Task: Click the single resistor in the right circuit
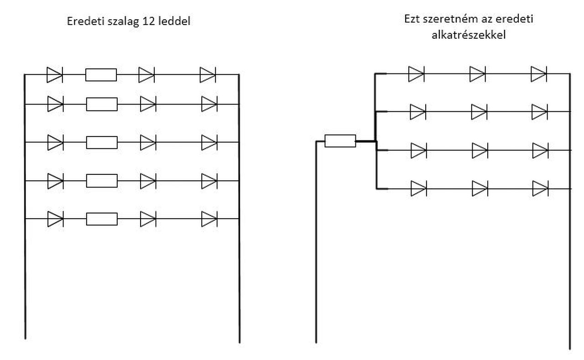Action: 340,141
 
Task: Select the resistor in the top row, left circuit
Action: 101,74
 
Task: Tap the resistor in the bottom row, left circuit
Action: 102,219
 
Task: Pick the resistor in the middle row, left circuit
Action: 102,142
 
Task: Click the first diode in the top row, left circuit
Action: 54,74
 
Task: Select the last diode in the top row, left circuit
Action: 208,74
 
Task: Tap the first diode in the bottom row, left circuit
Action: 55,219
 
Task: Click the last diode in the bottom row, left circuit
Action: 209,219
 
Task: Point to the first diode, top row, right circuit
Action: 416,73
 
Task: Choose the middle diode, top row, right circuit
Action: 477,73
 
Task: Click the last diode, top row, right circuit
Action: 538,73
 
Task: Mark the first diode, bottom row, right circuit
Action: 418,188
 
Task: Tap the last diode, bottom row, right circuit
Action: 540,188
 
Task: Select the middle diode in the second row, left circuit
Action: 147,104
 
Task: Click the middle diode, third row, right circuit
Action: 479,150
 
